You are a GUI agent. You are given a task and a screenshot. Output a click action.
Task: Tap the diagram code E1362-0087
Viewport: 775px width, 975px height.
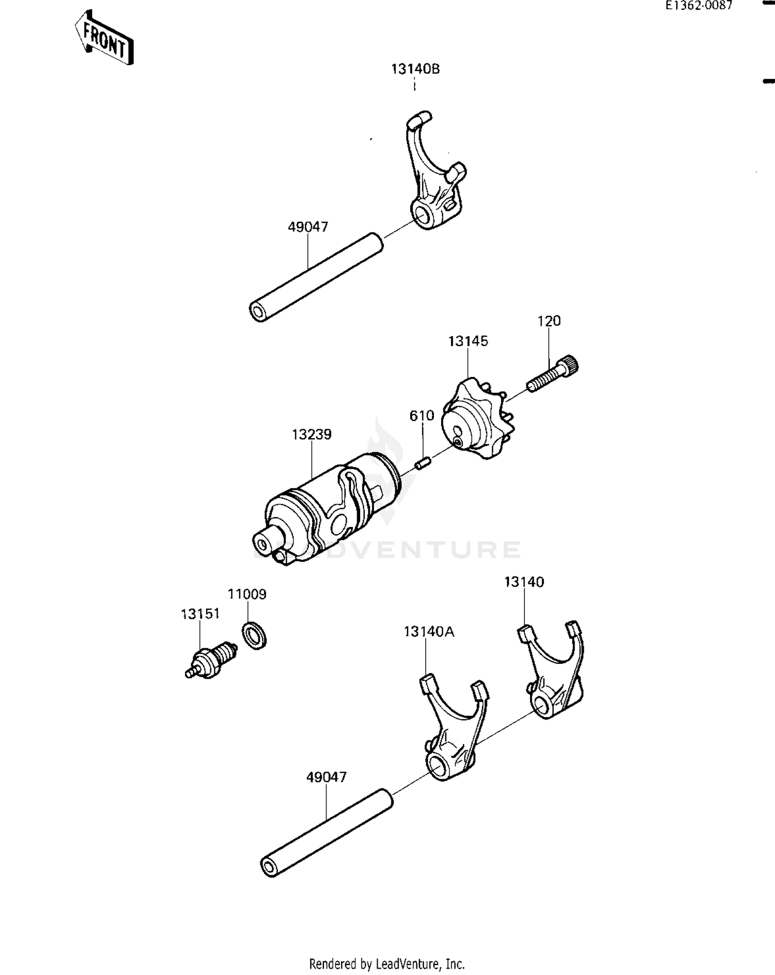click(x=699, y=6)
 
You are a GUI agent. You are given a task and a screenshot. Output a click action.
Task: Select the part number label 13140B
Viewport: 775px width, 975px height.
click(x=415, y=69)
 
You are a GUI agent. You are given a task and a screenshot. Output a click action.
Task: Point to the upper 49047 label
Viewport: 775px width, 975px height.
click(x=308, y=227)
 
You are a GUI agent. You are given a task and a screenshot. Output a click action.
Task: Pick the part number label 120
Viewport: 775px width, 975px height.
click(x=549, y=321)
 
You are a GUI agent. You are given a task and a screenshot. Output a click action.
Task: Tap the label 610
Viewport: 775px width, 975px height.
click(x=422, y=416)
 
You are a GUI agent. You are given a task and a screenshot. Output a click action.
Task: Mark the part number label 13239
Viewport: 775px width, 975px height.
click(x=312, y=435)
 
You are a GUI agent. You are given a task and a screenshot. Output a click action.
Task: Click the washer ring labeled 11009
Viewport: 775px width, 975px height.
click(x=255, y=635)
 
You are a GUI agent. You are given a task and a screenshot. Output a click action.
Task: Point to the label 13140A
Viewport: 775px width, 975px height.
click(x=429, y=632)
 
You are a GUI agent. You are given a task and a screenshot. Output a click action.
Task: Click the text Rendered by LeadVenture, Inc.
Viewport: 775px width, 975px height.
click(x=387, y=964)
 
